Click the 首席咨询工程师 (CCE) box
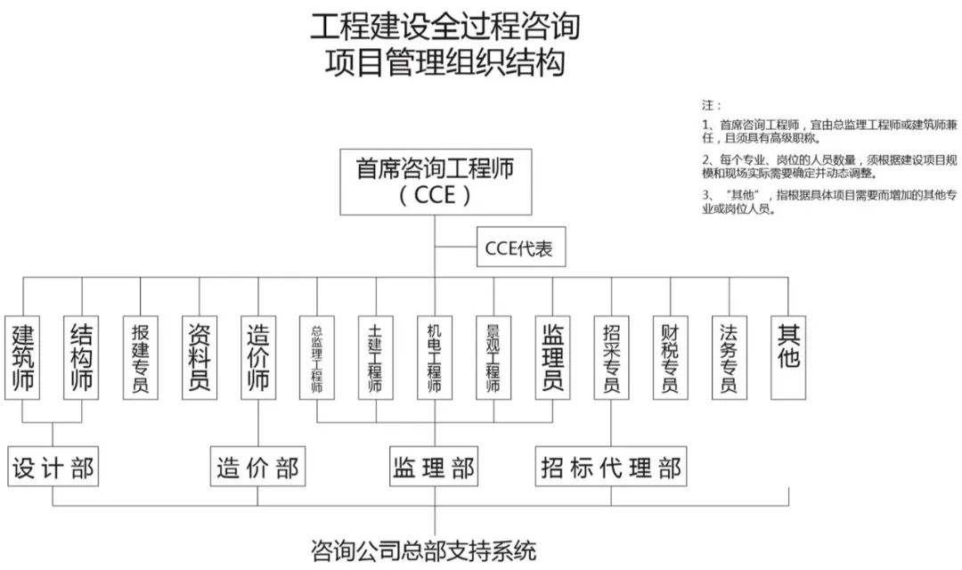pos(435,182)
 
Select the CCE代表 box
pos(519,248)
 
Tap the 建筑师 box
pos(23,356)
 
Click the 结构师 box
pos(82,356)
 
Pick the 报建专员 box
pos(141,356)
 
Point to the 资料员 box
pos(200,356)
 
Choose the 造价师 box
pos(258,356)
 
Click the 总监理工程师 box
pos(317,356)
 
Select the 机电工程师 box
pos(435,356)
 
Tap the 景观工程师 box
pos(493,356)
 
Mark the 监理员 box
pos(552,356)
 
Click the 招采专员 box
pos(611,356)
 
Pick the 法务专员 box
pos(730,356)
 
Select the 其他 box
pos(789,356)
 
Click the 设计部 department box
pos(53,466)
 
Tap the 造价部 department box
pos(258,466)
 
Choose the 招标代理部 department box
pos(611,466)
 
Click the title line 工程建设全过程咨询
pos(444,27)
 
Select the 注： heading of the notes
pos(713,104)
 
